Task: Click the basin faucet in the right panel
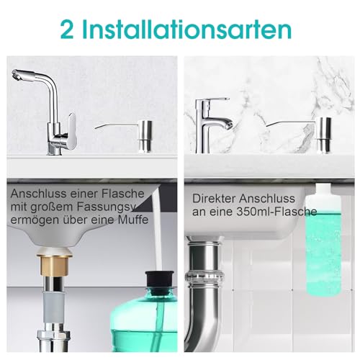[x=214, y=122]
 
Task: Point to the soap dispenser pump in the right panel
[x=323, y=133]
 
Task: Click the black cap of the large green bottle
[x=162, y=281]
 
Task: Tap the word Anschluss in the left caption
[x=37, y=194]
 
